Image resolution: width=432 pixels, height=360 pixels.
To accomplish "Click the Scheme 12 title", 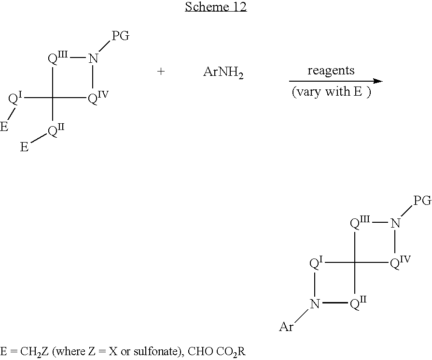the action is pyautogui.click(x=216, y=7).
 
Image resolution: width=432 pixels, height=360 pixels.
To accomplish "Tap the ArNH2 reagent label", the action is pyautogui.click(x=223, y=72).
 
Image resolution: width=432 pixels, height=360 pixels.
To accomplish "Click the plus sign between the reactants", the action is pyautogui.click(x=161, y=72).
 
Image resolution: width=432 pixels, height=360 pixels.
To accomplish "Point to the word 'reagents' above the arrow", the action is pyautogui.click(x=331, y=71).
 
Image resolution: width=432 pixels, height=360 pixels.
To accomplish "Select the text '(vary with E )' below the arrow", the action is pyautogui.click(x=332, y=92).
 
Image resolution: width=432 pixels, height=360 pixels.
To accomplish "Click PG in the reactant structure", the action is pyautogui.click(x=120, y=36).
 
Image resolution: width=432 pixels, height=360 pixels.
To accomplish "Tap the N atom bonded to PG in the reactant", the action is pyautogui.click(x=93, y=58).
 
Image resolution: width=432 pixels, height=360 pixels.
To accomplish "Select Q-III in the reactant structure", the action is pyautogui.click(x=57, y=58).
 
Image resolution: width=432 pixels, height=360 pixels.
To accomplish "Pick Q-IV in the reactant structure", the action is pyautogui.click(x=98, y=98).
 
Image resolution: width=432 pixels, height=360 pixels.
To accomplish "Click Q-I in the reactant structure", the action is pyautogui.click(x=15, y=99).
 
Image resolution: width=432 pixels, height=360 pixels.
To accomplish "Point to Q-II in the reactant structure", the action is pyautogui.click(x=56, y=130).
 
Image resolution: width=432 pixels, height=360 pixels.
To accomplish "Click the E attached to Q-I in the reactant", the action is pyautogui.click(x=4, y=127).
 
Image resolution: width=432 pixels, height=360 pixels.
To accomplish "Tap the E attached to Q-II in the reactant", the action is pyautogui.click(x=24, y=147).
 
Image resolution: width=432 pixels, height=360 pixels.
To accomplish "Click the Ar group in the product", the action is pyautogui.click(x=286, y=327).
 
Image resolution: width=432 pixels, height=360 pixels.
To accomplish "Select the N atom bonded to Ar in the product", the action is pyautogui.click(x=315, y=304).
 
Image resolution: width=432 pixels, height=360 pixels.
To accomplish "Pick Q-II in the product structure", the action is pyautogui.click(x=358, y=303).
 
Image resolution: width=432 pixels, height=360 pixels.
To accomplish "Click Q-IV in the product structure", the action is pyautogui.click(x=400, y=262).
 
